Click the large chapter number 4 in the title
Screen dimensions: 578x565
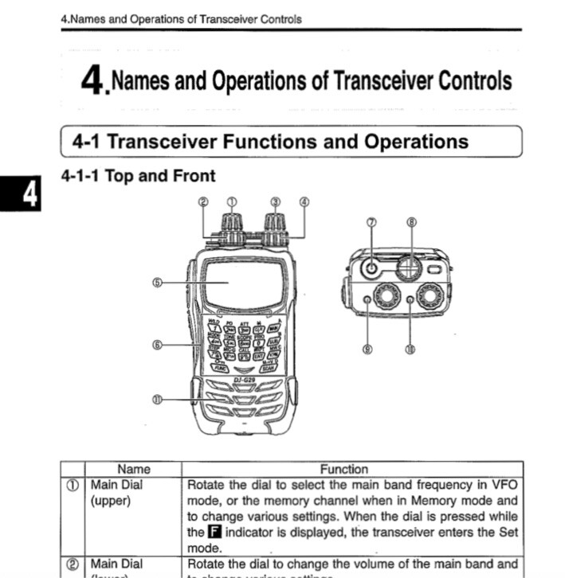(93, 80)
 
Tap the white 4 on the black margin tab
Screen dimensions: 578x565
(29, 193)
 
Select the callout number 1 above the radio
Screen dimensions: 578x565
(232, 201)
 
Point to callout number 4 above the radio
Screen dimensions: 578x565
(304, 201)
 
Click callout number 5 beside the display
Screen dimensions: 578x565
(156, 282)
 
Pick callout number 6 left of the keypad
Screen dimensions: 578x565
(156, 345)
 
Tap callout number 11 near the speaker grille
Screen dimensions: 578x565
(156, 400)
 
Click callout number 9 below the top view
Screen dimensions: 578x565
(367, 349)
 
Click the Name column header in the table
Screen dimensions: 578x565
(133, 469)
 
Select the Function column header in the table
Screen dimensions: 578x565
(344, 469)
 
